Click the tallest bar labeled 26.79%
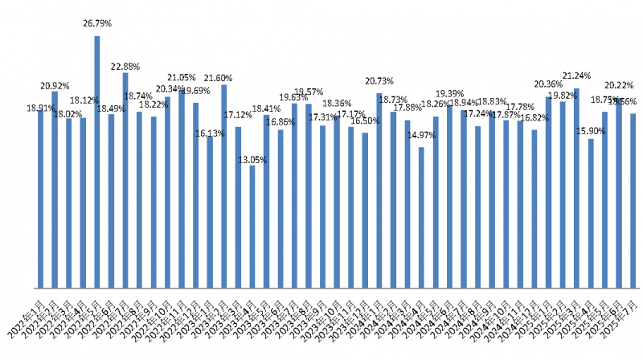point(97,161)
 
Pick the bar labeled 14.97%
point(421,217)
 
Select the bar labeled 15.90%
point(591,213)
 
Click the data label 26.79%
point(97,24)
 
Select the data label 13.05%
point(252,160)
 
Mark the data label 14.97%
point(421,134)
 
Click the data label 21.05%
point(182,78)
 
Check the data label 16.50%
point(365,120)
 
